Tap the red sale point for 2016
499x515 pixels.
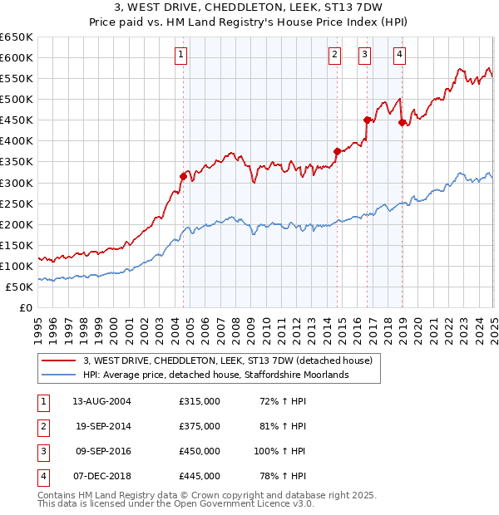(x=367, y=120)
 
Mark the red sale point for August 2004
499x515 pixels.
(x=184, y=175)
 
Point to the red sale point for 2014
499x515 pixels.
(x=337, y=151)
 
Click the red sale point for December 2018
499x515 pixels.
(x=402, y=122)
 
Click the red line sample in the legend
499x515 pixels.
(x=57, y=360)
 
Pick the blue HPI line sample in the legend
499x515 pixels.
(x=57, y=375)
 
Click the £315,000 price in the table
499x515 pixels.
(x=200, y=401)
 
